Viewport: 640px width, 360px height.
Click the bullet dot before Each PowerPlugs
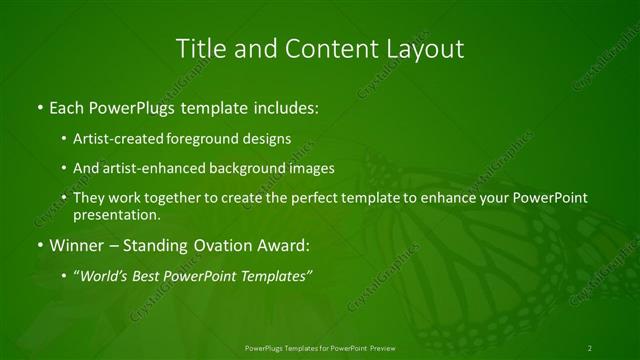39,106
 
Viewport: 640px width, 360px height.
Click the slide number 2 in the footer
590,347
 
